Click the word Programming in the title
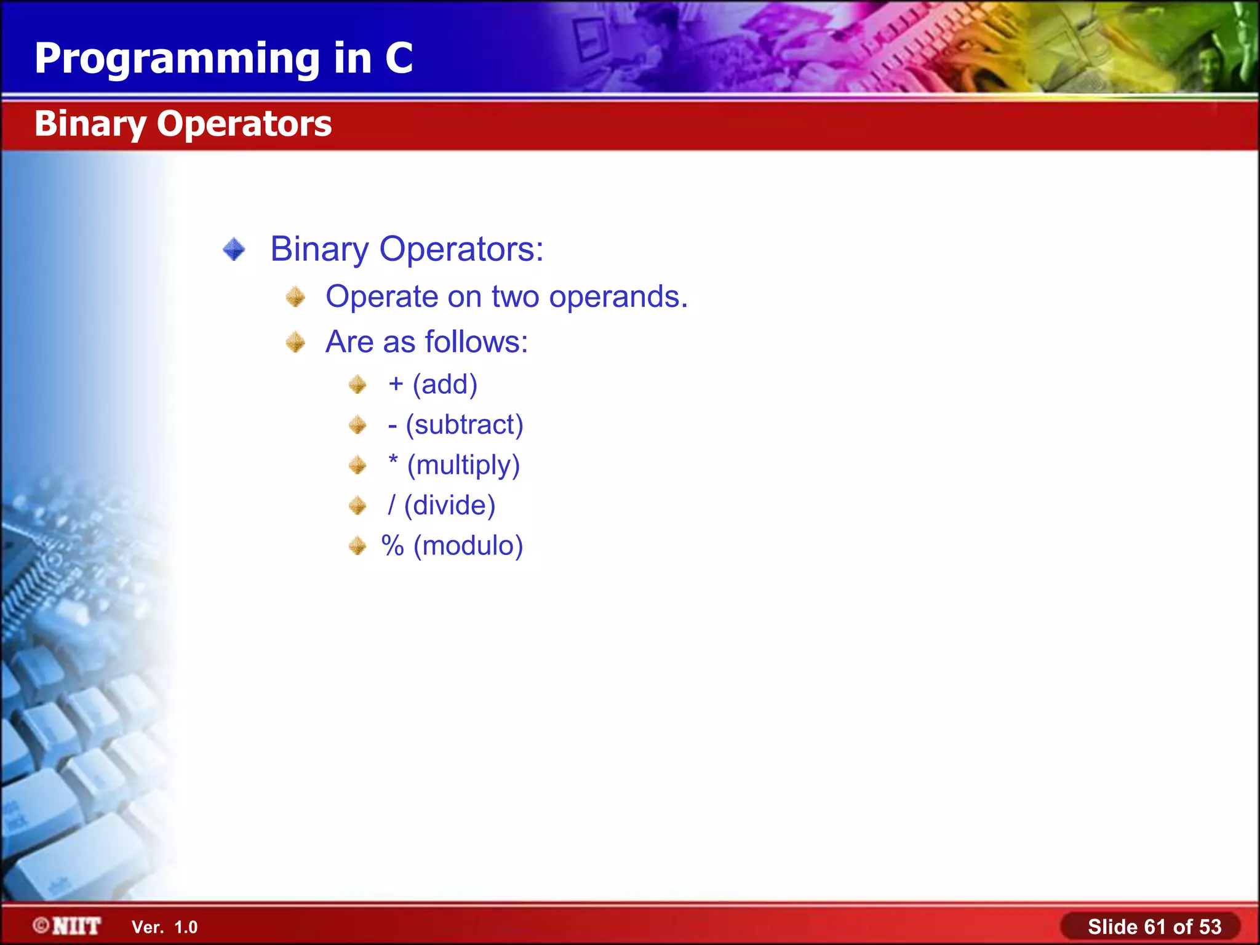tap(177, 60)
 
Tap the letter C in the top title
tap(399, 58)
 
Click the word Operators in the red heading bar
tap(244, 124)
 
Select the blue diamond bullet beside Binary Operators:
tap(234, 250)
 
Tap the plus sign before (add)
tap(396, 384)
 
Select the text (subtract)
tap(465, 425)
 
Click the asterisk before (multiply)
tap(393, 461)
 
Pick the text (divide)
tap(450, 505)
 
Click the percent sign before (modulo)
tap(393, 546)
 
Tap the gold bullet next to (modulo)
tap(357, 546)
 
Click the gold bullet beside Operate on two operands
tap(295, 297)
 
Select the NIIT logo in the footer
tap(68, 926)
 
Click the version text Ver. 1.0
tap(164, 927)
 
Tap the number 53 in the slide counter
tap(1209, 927)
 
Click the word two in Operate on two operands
tap(515, 297)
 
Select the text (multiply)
tap(463, 465)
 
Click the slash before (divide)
tap(391, 505)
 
